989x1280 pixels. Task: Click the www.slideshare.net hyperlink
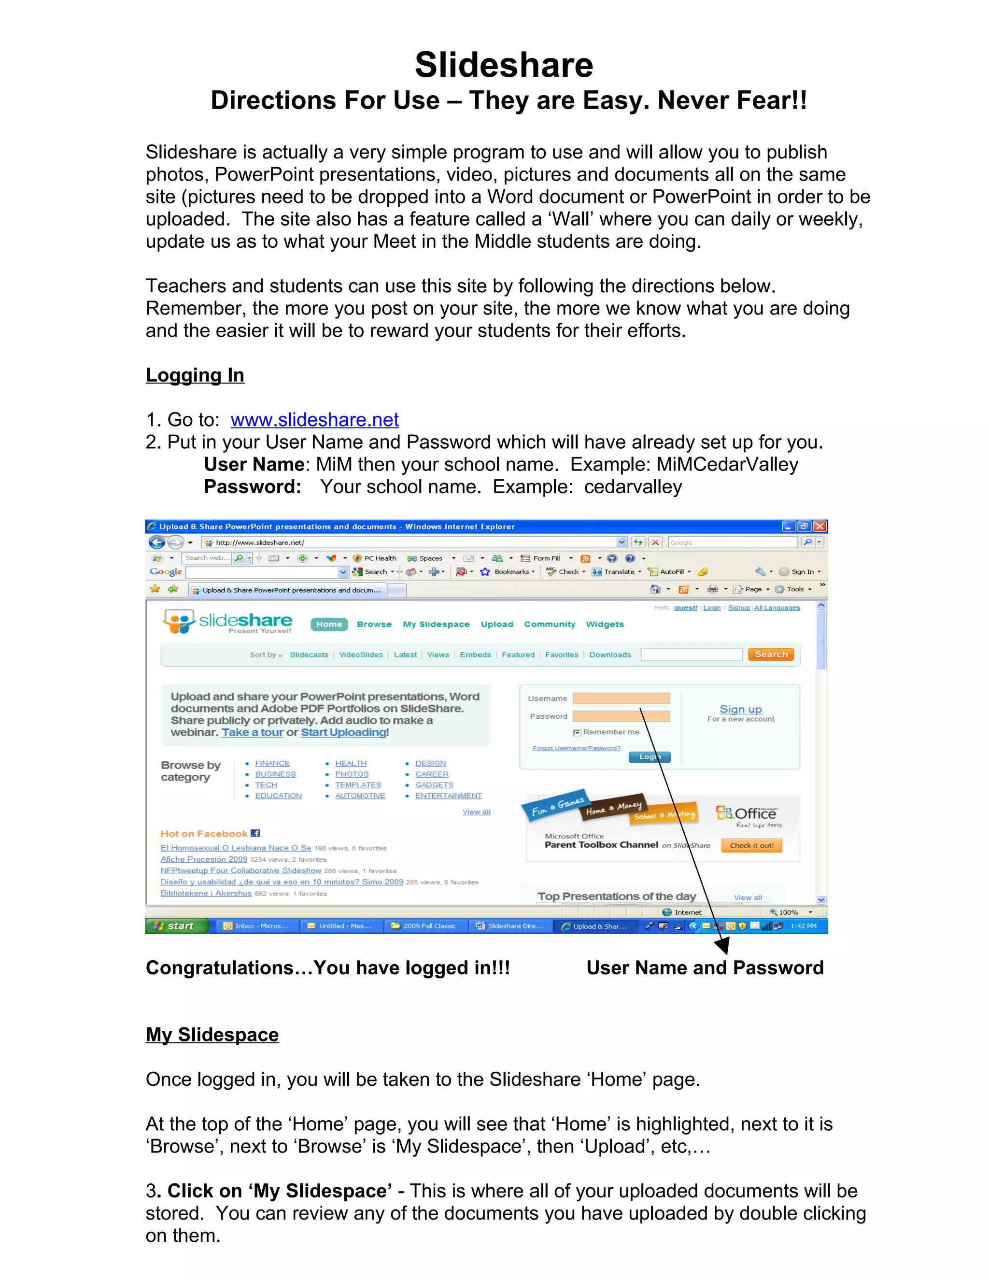(315, 420)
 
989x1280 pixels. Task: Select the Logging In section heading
(195, 375)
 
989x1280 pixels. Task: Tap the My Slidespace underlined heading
(212, 1035)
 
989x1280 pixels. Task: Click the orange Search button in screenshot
(770, 654)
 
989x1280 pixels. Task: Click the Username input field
(621, 698)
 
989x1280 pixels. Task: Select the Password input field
(621, 716)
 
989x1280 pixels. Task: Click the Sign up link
(741, 709)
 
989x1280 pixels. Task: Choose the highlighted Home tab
(329, 624)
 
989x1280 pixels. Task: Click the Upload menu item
(497, 624)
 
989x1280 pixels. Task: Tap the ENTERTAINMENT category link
(448, 796)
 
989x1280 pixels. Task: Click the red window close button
(820, 526)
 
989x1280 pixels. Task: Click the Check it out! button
(752, 845)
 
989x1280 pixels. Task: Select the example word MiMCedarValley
(727, 464)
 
